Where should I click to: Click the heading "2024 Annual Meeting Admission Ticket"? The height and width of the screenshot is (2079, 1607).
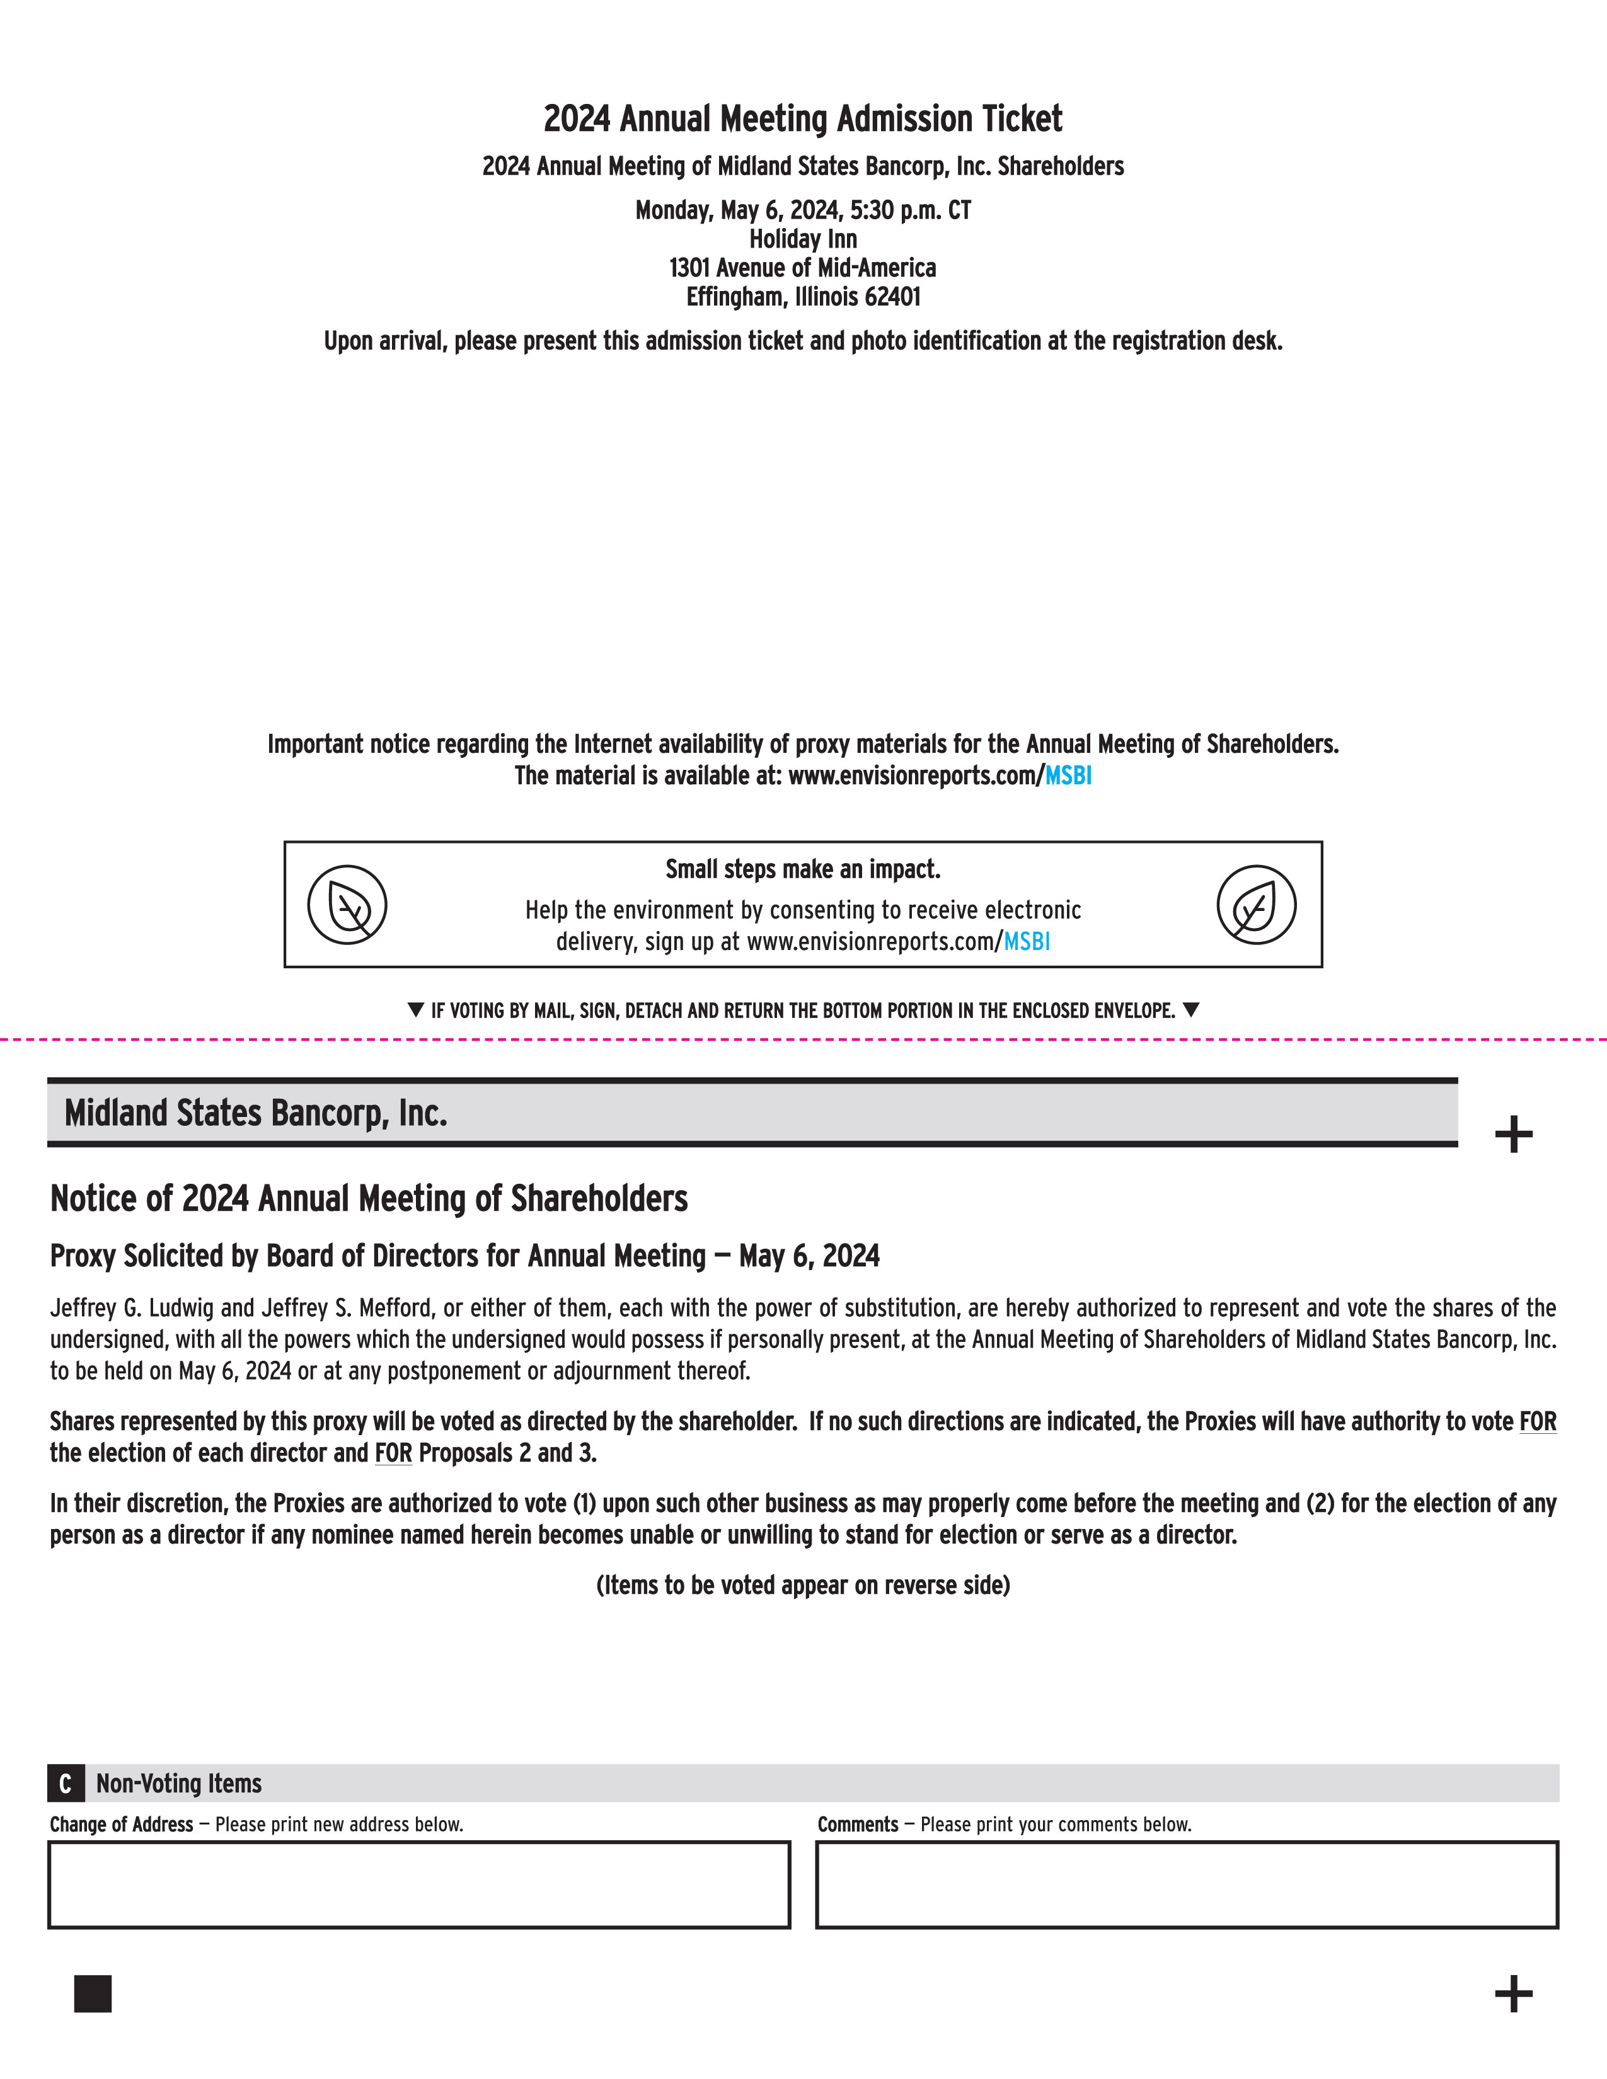802,120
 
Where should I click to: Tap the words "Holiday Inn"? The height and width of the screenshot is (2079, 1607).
802,239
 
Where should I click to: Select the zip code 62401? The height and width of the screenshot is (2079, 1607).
892,297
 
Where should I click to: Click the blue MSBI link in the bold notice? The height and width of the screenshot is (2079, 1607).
1068,776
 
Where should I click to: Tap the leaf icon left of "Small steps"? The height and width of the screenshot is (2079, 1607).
347,904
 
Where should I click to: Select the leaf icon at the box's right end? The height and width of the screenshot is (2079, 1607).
1256,904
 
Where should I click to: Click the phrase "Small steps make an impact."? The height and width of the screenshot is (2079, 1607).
802,869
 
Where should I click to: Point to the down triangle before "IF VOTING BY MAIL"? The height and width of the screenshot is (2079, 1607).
415,1010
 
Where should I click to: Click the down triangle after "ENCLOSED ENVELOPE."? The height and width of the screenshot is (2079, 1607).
1190,1010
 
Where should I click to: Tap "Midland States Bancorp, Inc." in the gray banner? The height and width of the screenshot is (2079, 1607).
255,1113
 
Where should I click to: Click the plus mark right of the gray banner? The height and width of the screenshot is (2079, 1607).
1512,1135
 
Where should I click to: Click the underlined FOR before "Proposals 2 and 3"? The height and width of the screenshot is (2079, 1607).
393,1453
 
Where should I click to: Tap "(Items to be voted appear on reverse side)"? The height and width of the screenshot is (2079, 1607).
802,1585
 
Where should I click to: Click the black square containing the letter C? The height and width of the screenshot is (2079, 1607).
66,1783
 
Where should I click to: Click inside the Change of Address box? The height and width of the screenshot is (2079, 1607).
419,1885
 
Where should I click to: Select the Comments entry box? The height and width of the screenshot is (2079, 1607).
1186,1885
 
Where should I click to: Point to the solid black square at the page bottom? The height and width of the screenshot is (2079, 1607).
93,1993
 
